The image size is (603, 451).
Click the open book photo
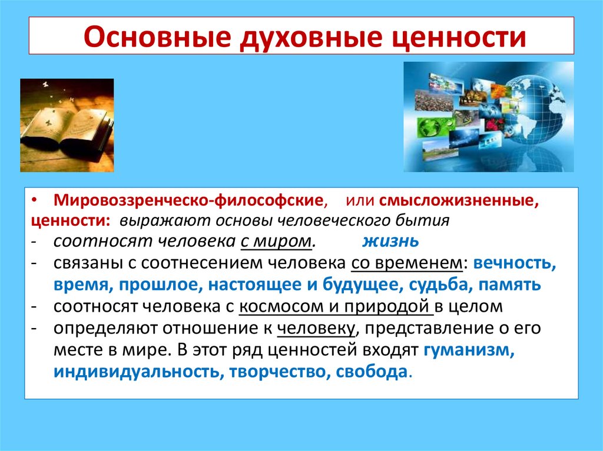tap(67, 125)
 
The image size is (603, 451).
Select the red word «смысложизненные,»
tap(459, 201)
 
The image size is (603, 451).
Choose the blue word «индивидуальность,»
tap(134, 372)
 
